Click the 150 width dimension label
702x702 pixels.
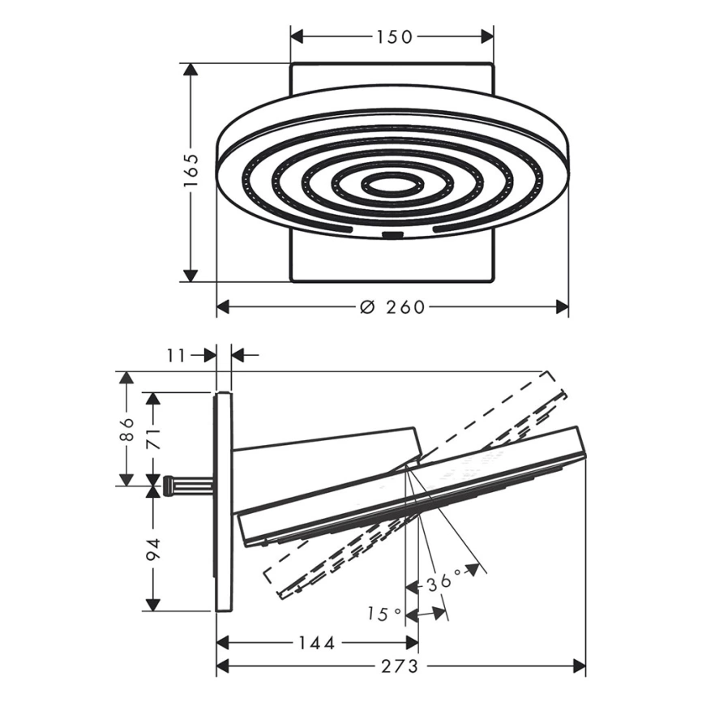[x=393, y=37]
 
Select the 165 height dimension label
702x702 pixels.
[x=191, y=171]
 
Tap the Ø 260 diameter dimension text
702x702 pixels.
[x=392, y=307]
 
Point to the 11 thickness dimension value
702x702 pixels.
[x=176, y=356]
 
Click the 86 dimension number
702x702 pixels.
[x=126, y=430]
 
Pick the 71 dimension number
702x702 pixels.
[x=153, y=438]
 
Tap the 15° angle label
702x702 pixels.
[x=384, y=614]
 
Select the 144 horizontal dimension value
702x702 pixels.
[x=317, y=644]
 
